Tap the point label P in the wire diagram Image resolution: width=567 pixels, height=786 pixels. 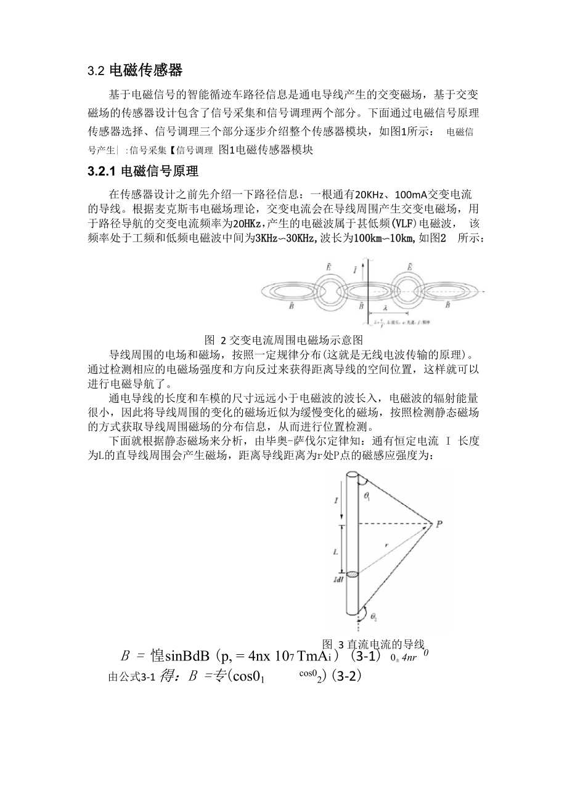coord(438,525)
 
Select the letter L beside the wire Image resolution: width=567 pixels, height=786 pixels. coord(335,553)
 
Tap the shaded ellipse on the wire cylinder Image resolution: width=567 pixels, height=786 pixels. coord(352,575)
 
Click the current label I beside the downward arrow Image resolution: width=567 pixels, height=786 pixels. coord(335,501)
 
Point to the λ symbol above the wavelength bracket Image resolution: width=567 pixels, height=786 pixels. coord(384,306)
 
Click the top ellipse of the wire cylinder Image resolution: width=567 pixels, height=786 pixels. coord(352,474)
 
